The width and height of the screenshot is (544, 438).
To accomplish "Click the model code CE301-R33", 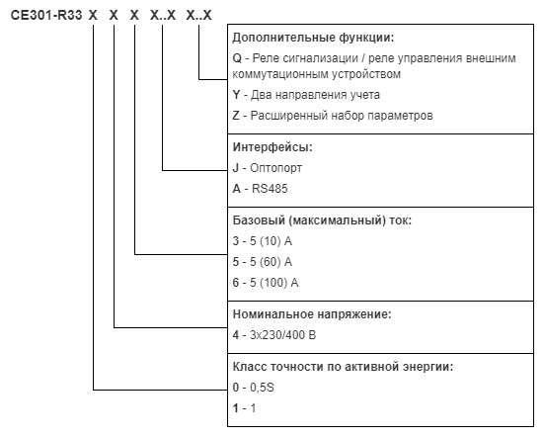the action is tap(46, 15).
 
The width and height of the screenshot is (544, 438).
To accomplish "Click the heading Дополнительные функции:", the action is tap(313, 38).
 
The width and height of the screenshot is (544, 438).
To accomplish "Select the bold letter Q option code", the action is tap(237, 58).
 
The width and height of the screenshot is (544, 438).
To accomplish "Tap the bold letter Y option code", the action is tap(236, 95).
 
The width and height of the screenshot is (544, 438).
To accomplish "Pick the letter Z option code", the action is tap(236, 116).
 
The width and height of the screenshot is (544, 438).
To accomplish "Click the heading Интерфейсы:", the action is tap(272, 147).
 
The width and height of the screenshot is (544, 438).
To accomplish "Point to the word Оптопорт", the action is tap(275, 168).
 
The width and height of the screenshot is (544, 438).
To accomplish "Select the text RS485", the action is tap(270, 189).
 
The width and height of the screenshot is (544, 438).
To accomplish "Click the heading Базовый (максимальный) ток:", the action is tap(322, 220).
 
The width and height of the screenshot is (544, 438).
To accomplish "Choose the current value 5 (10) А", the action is tap(271, 241).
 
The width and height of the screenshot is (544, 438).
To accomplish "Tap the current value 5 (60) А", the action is tap(271, 262).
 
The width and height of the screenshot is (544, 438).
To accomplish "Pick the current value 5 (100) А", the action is tap(274, 283).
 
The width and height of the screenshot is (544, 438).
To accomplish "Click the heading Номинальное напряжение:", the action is tap(312, 314).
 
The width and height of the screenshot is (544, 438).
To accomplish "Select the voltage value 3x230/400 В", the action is tap(282, 335).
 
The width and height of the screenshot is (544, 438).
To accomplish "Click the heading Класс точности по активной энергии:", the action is tap(343, 367).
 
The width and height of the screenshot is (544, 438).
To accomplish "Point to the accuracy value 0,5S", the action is tap(262, 388).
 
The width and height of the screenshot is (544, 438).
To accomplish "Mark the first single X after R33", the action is tap(93, 15).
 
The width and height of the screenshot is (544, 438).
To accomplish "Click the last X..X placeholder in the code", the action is tap(198, 15).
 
